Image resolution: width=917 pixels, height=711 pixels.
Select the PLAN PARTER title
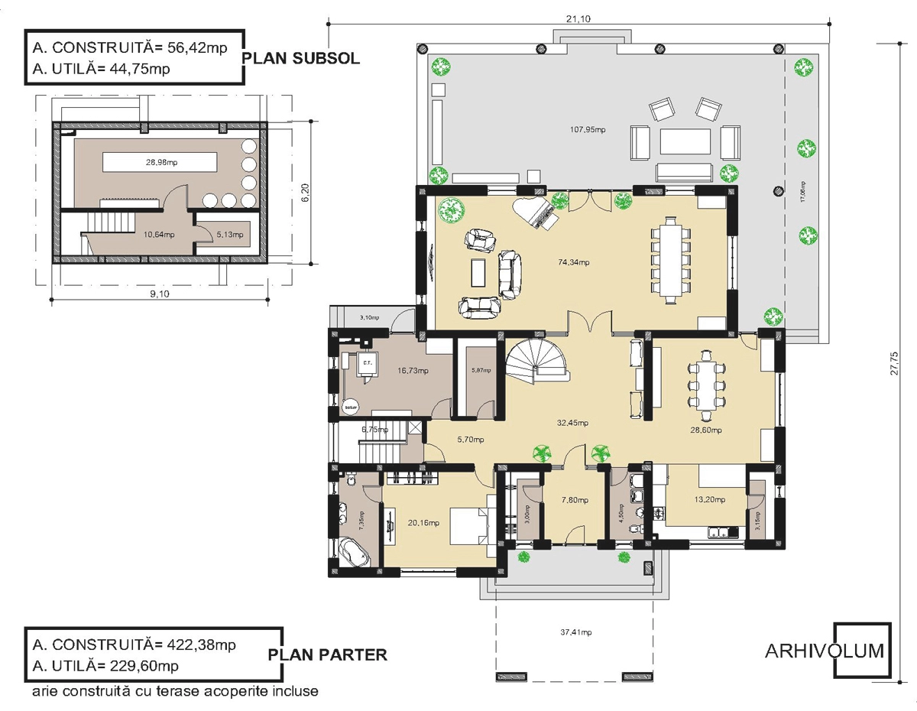tap(328, 655)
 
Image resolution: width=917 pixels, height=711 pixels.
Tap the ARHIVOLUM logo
tap(825, 651)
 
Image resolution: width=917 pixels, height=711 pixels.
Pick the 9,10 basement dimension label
tap(159, 296)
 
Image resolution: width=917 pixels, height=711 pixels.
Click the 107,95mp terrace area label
tap(588, 129)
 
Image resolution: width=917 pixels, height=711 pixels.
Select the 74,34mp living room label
tap(574, 262)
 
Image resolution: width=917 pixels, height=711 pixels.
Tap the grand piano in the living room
tap(542, 213)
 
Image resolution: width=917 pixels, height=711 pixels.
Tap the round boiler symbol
tap(350, 406)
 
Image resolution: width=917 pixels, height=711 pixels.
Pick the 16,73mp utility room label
tap(413, 371)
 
